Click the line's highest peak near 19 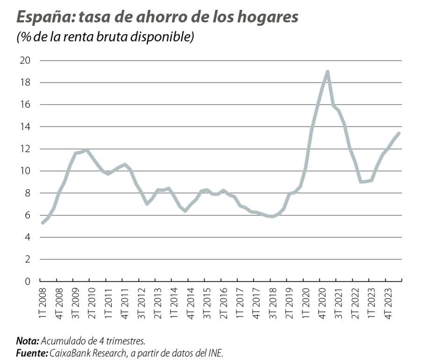(x=327, y=72)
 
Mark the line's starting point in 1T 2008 (x=43, y=223)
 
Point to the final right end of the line (x=399, y=133)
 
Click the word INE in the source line (x=216, y=351)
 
